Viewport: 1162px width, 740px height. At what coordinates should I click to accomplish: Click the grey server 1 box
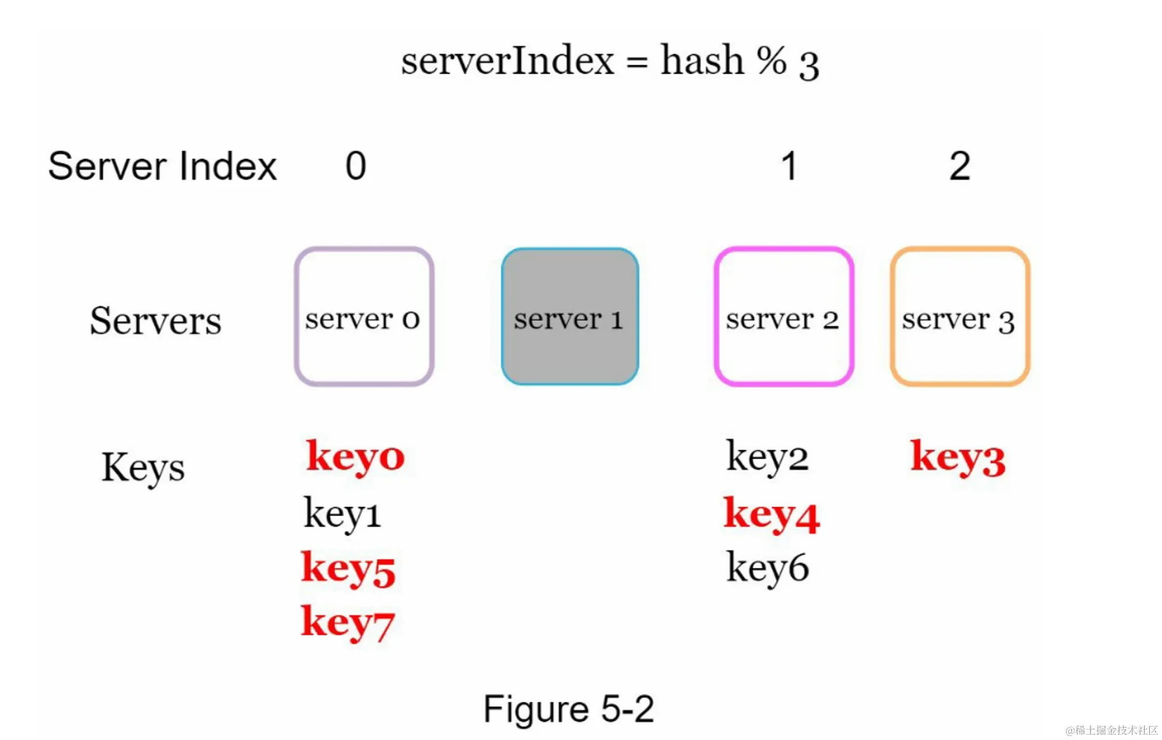pyautogui.click(x=570, y=317)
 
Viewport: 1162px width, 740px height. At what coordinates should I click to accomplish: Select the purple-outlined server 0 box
pyautogui.click(x=364, y=317)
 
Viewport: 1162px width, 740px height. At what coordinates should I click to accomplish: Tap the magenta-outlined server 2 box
pyautogui.click(x=784, y=317)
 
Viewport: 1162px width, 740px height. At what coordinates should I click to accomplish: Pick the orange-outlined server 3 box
pyautogui.click(x=960, y=317)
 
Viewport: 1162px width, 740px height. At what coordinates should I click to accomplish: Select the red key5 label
pyautogui.click(x=348, y=569)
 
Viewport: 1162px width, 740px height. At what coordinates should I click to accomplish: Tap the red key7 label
pyautogui.click(x=348, y=623)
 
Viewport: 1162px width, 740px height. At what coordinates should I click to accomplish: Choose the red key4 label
pyautogui.click(x=771, y=514)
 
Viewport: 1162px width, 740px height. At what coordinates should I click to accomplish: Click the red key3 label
pyautogui.click(x=957, y=457)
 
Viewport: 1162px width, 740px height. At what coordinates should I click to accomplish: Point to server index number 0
pyautogui.click(x=356, y=166)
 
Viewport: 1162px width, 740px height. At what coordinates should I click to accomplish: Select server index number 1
pyautogui.click(x=788, y=166)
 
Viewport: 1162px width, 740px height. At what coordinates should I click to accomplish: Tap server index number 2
pyautogui.click(x=960, y=166)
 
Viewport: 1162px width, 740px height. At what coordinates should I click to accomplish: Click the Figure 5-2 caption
pyautogui.click(x=569, y=709)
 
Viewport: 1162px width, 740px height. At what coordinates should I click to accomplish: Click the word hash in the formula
pyautogui.click(x=702, y=60)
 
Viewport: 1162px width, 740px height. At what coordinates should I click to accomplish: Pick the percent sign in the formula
pyautogui.click(x=772, y=60)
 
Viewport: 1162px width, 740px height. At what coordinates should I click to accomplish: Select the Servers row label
pyautogui.click(x=156, y=321)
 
